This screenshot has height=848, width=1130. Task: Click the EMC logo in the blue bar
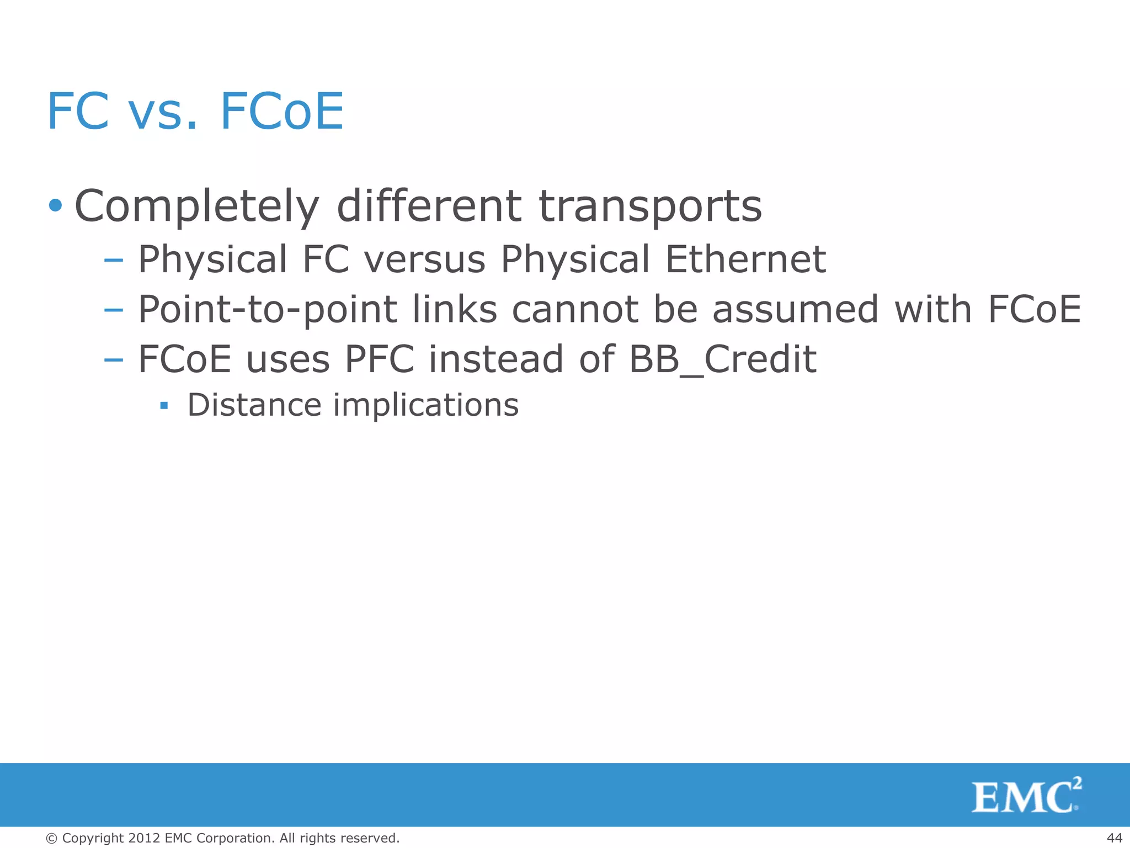click(1026, 796)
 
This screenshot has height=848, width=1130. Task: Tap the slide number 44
click(1114, 838)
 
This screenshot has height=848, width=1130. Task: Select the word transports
click(650, 206)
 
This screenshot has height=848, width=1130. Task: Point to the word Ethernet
click(745, 259)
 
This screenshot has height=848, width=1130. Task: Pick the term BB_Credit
click(722, 359)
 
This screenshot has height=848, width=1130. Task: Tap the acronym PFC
click(380, 359)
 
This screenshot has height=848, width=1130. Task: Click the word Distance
click(254, 405)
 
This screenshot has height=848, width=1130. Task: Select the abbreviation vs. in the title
click(163, 112)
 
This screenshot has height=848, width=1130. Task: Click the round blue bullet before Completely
click(55, 206)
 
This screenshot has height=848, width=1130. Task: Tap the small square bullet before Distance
click(163, 406)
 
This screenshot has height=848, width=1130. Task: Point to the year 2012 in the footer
click(144, 838)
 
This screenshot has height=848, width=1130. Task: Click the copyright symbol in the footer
click(52, 839)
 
